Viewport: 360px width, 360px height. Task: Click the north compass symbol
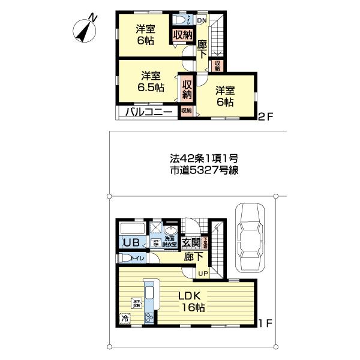[x=86, y=28]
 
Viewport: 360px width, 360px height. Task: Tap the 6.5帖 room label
[x=150, y=82]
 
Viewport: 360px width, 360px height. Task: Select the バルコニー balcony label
[x=150, y=111]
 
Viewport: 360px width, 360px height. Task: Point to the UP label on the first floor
[x=203, y=274]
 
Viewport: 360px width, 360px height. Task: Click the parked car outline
[x=251, y=238]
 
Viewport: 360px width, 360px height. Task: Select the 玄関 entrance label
[x=191, y=242]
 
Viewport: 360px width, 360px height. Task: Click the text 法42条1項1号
[x=204, y=159]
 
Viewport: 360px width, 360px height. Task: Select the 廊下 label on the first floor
[x=192, y=257]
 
